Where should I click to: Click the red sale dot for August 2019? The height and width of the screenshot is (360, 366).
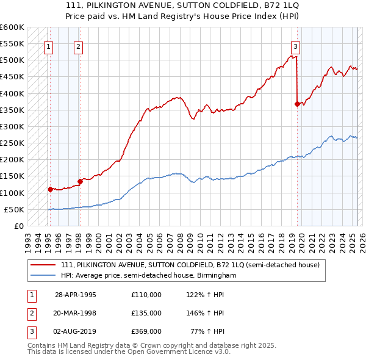pyautogui.click(x=297, y=104)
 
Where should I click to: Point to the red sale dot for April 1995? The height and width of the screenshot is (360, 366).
pyautogui.click(x=50, y=189)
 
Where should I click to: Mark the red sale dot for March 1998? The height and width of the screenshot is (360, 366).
pyautogui.click(x=80, y=181)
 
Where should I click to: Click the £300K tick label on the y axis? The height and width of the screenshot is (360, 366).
pyautogui.click(x=12, y=126)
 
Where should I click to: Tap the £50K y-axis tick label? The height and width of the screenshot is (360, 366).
pyautogui.click(x=14, y=209)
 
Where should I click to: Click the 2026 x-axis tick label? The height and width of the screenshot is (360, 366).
pyautogui.click(x=361, y=238)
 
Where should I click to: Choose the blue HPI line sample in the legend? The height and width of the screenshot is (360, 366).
pyautogui.click(x=44, y=275)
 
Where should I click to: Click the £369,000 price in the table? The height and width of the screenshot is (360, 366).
pyautogui.click(x=146, y=331)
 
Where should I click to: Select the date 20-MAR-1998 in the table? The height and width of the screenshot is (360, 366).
pyautogui.click(x=76, y=313)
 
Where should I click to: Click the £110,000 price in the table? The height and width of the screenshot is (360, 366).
pyautogui.click(x=146, y=295)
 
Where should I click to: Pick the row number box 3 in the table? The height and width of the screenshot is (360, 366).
pyautogui.click(x=30, y=331)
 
